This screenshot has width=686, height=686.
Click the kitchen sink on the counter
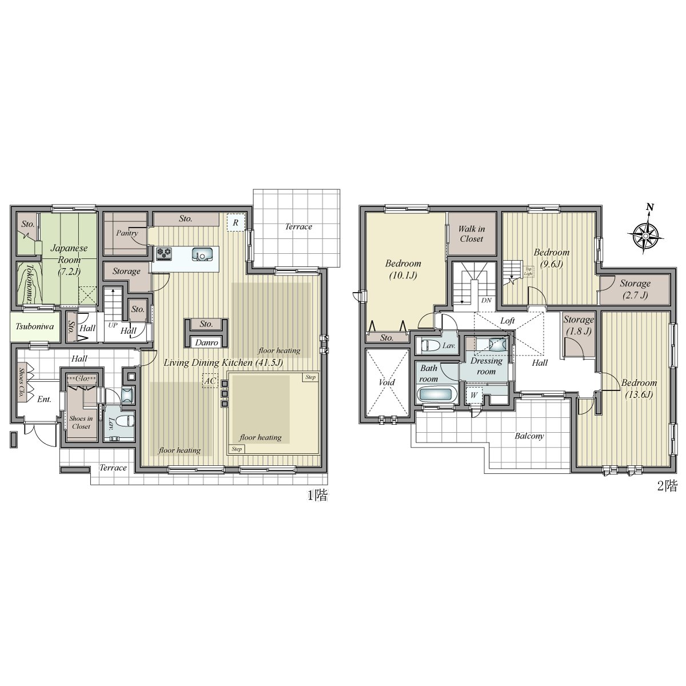pos(202,253)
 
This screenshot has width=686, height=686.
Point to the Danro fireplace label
pos(206,342)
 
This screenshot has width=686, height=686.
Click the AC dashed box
pos(209,381)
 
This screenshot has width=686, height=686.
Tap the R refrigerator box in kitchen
pos(235,222)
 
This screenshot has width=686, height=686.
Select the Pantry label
pos(127,233)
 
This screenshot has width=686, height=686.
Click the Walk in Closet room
pos(472,234)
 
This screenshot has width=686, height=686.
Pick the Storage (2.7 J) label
pos(635,289)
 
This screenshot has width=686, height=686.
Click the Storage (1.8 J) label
pos(578,325)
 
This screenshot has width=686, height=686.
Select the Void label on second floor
pos(387,382)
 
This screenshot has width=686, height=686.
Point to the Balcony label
pos(529,436)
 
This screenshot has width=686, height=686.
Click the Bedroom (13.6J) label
pos(639,388)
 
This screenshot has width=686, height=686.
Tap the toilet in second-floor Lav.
pos(429,345)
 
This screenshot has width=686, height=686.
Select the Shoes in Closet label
pos(81,422)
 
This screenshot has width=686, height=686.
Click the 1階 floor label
pos(317,496)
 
